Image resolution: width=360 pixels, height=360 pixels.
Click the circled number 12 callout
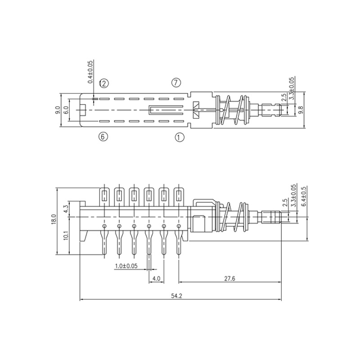coord(103,83)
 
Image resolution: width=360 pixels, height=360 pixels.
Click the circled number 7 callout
coord(176,82)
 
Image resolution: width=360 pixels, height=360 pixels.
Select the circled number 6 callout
coord(103,137)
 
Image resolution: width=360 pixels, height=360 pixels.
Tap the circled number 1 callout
coord(179,137)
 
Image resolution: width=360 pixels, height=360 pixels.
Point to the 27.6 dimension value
coord(229,279)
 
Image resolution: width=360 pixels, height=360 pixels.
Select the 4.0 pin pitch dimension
coord(157,279)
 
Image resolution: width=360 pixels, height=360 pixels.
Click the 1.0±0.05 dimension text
coord(126,266)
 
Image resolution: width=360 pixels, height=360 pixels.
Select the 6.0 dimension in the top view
coord(66,109)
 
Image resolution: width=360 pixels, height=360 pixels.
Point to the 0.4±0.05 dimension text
coord(90,72)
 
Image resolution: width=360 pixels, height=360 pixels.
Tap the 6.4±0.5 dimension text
coord(304,197)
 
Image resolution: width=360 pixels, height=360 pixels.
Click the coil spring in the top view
coord(233,110)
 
